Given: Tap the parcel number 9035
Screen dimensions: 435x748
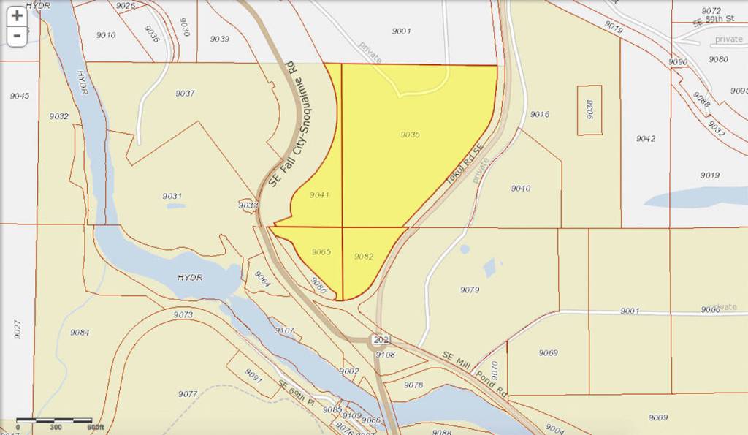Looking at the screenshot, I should pyautogui.click(x=411, y=135).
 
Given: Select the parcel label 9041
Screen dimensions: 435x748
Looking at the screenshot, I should pyautogui.click(x=319, y=195).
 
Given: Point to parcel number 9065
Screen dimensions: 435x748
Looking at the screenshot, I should pyautogui.click(x=322, y=251).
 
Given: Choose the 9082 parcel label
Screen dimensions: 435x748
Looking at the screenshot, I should pyautogui.click(x=364, y=257).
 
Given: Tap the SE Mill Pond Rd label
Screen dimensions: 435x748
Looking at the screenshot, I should pyautogui.click(x=475, y=371).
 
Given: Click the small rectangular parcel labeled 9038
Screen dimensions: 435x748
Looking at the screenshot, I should pyautogui.click(x=589, y=110).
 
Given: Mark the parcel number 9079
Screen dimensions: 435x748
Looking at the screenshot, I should pyautogui.click(x=470, y=290).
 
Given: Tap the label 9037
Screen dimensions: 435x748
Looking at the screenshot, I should pyautogui.click(x=186, y=93).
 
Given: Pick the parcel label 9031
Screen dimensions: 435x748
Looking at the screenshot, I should pyautogui.click(x=172, y=196).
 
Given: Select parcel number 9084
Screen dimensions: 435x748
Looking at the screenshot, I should pyautogui.click(x=80, y=333).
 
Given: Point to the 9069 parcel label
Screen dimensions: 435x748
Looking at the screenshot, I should pyautogui.click(x=549, y=353).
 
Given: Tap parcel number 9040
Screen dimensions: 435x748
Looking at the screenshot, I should pyautogui.click(x=521, y=189).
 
